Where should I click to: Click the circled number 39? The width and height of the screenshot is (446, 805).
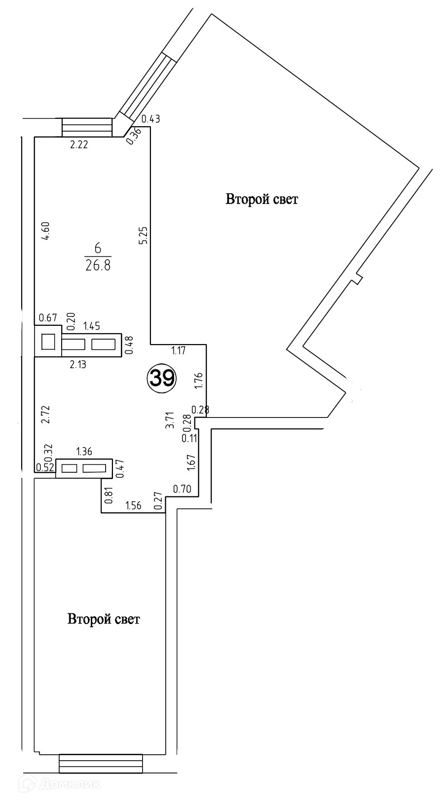[162, 378]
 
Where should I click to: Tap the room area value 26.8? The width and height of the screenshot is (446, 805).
[98, 266]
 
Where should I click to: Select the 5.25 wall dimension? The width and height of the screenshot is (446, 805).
[144, 236]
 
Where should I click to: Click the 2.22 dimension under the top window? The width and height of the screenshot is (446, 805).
[79, 145]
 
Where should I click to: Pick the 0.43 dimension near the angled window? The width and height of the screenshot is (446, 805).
[150, 119]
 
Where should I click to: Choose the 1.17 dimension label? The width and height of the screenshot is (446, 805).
[179, 351]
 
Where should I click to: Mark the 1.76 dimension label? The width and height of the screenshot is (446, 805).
[200, 381]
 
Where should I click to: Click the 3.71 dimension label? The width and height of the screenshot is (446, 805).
[171, 420]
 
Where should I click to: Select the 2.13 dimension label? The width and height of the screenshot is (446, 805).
[78, 365]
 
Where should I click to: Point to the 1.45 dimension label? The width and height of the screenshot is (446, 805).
[92, 326]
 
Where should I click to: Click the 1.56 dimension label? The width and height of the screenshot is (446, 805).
[133, 506]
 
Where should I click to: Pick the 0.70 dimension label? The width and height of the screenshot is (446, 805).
[182, 489]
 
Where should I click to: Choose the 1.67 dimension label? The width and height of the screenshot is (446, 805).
[192, 463]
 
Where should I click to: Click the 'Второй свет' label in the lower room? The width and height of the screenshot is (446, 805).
[104, 619]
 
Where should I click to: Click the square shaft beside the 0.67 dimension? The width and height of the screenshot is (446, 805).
[48, 342]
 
